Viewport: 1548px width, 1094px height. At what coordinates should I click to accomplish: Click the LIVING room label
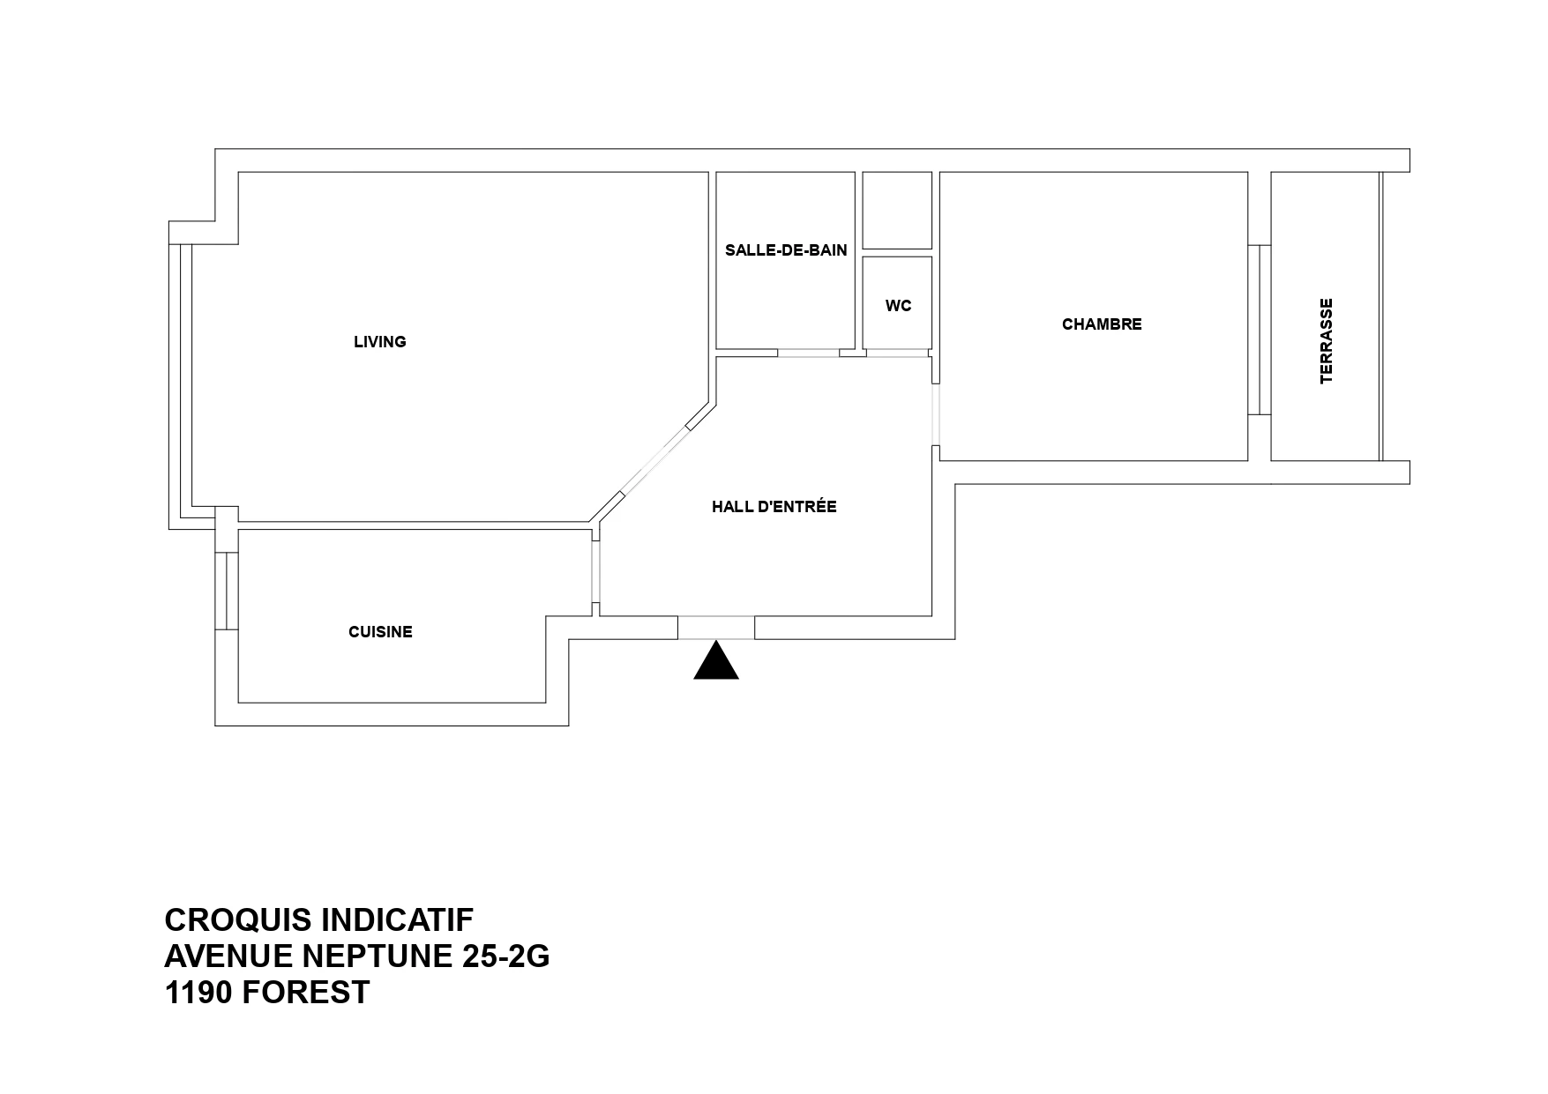point(379,342)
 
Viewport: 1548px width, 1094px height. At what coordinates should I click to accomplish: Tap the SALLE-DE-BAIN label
point(786,250)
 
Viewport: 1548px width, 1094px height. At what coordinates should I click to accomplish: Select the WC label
point(898,306)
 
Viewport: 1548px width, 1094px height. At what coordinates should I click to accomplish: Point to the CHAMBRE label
point(1102,324)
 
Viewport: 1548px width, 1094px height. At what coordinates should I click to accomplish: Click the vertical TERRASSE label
point(1326,341)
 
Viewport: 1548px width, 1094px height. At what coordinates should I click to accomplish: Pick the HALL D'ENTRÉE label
point(774,507)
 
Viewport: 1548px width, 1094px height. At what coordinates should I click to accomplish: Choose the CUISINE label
point(380,632)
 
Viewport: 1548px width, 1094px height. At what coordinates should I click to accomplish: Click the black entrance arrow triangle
point(715,660)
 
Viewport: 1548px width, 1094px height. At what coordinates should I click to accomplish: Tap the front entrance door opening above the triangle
point(716,627)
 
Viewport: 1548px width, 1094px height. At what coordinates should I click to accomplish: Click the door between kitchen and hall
point(596,571)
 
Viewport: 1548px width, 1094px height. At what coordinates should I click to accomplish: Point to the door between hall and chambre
point(936,415)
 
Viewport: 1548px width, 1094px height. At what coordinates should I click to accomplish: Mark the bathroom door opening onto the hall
point(808,353)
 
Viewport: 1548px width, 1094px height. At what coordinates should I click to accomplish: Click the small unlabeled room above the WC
point(897,211)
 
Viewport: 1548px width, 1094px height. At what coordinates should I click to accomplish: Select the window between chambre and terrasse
point(1260,330)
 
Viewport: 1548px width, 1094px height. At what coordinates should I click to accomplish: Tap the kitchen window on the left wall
point(227,591)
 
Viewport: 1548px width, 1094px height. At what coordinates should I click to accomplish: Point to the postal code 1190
point(198,993)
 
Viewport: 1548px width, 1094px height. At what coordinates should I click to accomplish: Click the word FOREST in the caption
point(305,993)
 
